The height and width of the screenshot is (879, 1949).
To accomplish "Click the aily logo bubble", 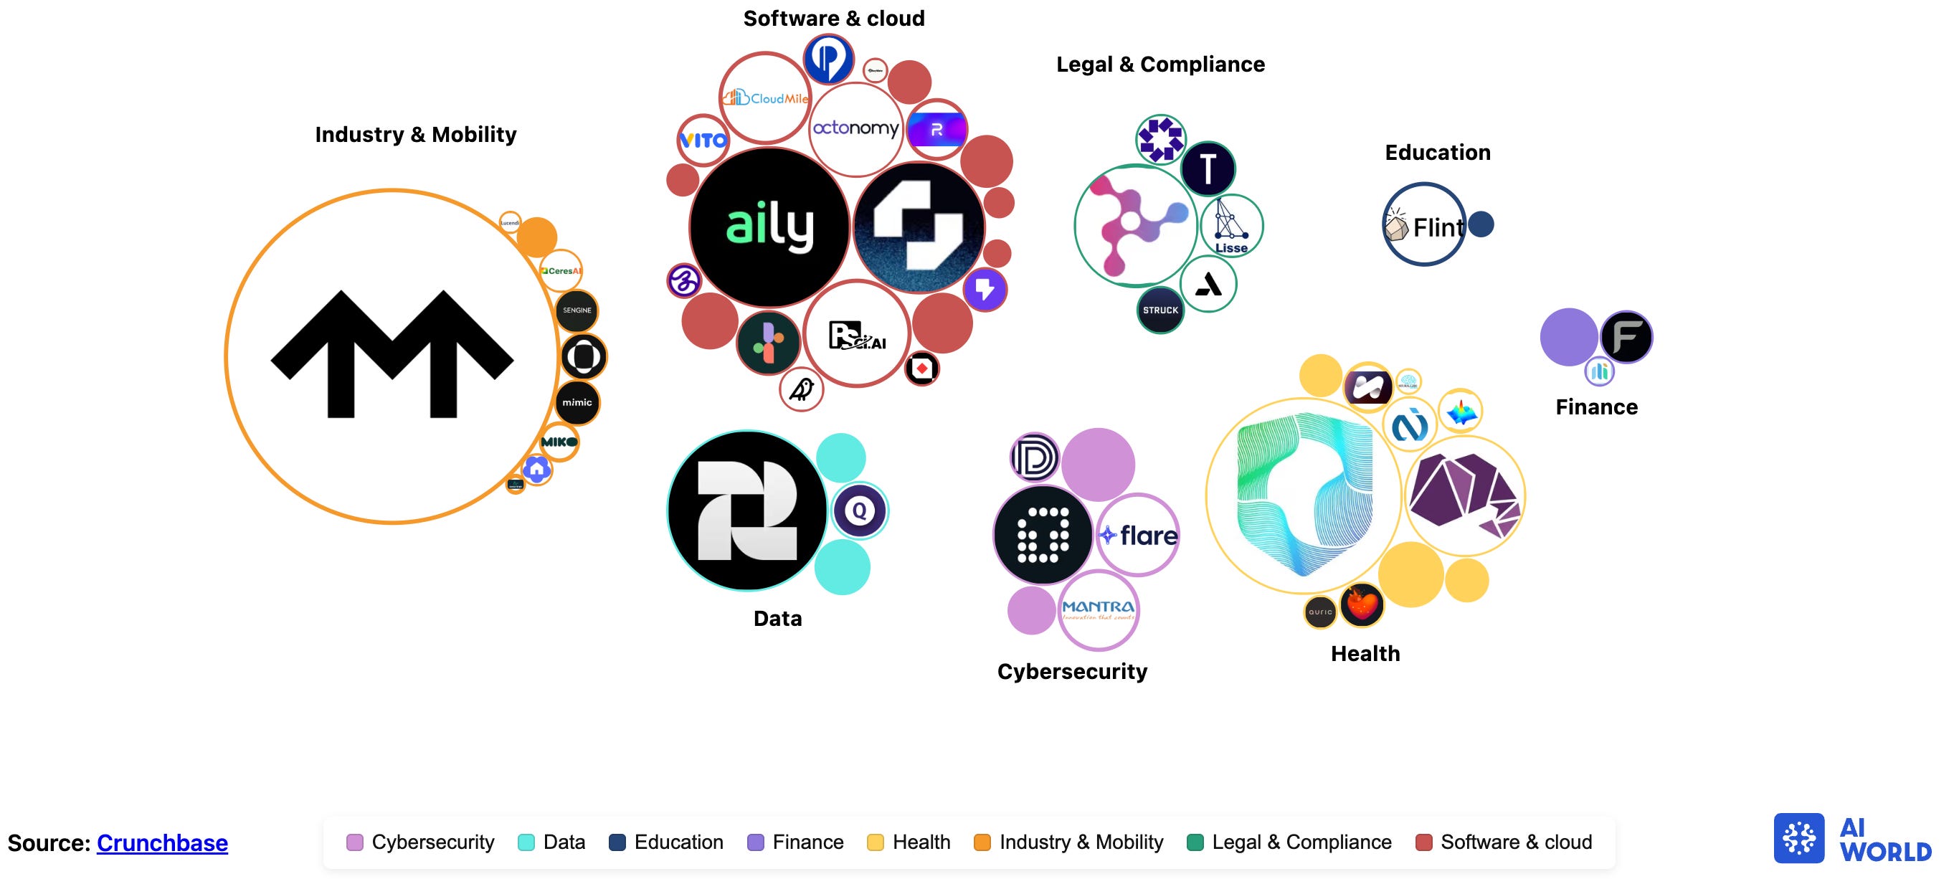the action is coord(769,227).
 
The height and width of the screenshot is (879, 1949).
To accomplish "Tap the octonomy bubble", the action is coord(855,128).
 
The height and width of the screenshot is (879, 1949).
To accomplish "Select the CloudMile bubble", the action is coord(764,98).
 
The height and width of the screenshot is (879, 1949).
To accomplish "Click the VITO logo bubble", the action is coord(703,140).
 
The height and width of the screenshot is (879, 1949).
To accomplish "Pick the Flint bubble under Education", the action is coord(1424,224).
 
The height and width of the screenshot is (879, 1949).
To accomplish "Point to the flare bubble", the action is coord(1138,536).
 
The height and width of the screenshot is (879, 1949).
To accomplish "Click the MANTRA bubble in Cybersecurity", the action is coord(1099,609).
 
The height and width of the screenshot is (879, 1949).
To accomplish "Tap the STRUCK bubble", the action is coord(1161,310).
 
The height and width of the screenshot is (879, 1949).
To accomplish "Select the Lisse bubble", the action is coord(1231,226).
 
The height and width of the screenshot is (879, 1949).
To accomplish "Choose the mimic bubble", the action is coord(577,402).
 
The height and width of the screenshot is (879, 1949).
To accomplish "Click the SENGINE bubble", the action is coord(577,311).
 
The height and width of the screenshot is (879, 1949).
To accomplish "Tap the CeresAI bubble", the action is coord(561,271).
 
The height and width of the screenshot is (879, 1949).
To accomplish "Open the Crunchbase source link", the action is coord(162,842).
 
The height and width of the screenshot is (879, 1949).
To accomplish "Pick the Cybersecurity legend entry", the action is coord(421,842).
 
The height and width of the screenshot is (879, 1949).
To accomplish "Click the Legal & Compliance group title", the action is coord(1160,65).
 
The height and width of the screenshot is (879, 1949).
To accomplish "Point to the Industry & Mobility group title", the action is coord(415,135).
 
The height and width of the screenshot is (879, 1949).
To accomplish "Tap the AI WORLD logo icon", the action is coord(1798,838).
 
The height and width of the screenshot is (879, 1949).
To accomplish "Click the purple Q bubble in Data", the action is coord(860,510).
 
